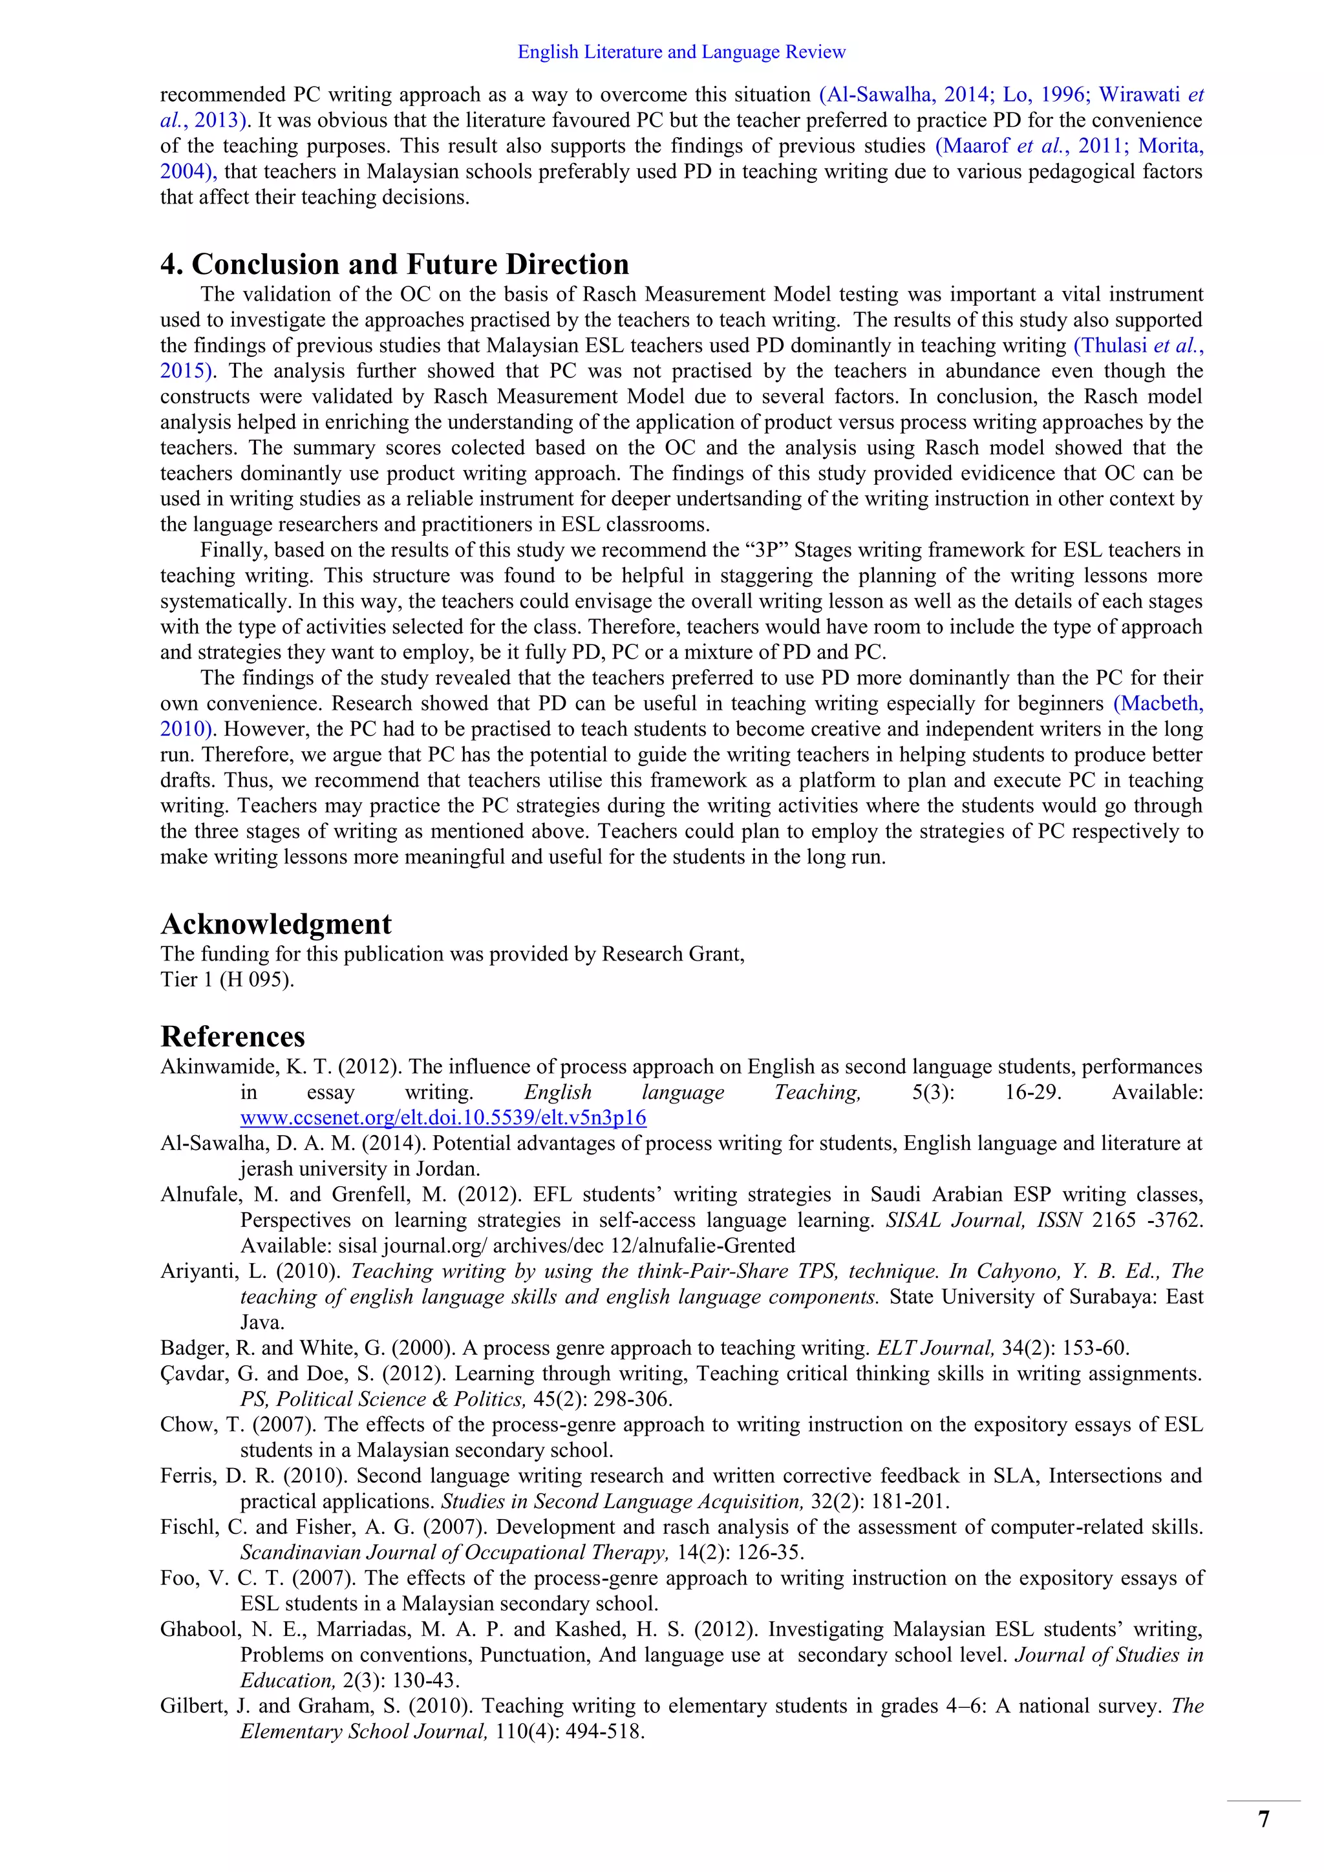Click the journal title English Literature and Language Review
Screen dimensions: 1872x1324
(681, 52)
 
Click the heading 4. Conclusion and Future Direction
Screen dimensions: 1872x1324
(394, 265)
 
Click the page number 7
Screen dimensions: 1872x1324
(1264, 1819)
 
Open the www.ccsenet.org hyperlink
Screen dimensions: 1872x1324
(443, 1118)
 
